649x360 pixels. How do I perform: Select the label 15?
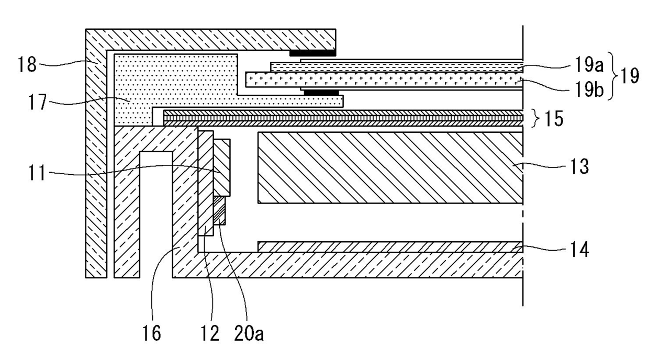(x=553, y=119)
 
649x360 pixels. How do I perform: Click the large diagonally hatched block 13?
(x=390, y=167)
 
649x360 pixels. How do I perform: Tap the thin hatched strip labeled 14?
(x=390, y=247)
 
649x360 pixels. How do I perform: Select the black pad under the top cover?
(x=312, y=53)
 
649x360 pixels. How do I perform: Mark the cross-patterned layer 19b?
(x=385, y=80)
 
